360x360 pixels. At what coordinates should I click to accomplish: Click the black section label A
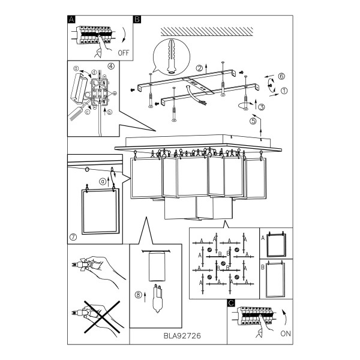coord(71,19)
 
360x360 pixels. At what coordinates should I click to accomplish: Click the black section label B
coord(137,19)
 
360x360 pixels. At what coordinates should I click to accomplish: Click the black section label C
coord(231,303)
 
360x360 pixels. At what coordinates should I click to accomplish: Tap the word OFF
coord(124,53)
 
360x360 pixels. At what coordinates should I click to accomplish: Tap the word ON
coord(286,334)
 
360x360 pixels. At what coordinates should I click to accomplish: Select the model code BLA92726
coord(182,336)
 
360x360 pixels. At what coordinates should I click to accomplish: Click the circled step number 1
coord(284,91)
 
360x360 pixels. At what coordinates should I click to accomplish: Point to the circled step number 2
coord(199,68)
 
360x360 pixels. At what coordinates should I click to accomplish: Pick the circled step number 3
coord(262,107)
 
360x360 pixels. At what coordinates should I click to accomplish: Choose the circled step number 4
coord(111,66)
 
